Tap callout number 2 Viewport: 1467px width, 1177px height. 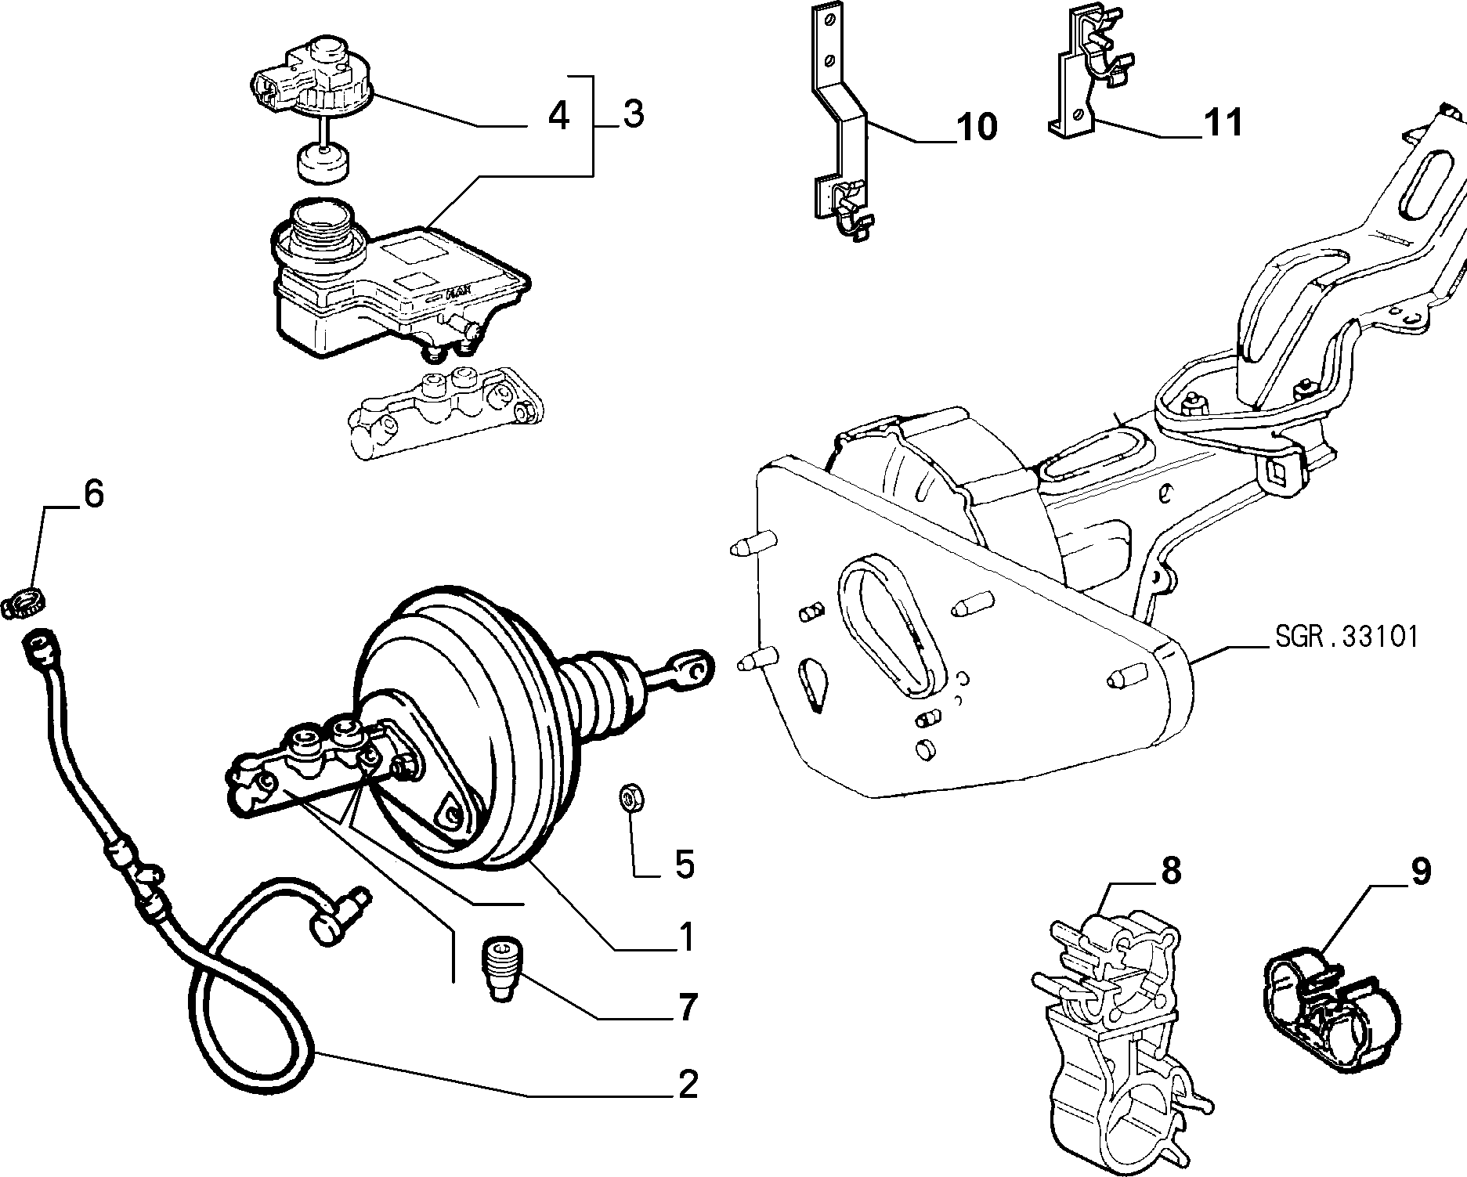687,1084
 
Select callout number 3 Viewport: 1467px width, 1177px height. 633,114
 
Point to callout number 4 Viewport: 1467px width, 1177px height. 558,116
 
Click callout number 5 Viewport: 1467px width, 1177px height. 685,865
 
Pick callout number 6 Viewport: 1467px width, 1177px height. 92,495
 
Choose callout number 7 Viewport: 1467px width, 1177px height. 687,1008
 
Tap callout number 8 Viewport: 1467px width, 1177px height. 1170,872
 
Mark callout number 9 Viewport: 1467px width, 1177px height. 1420,871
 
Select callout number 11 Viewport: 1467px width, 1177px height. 1223,123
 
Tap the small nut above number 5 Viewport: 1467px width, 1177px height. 629,797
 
